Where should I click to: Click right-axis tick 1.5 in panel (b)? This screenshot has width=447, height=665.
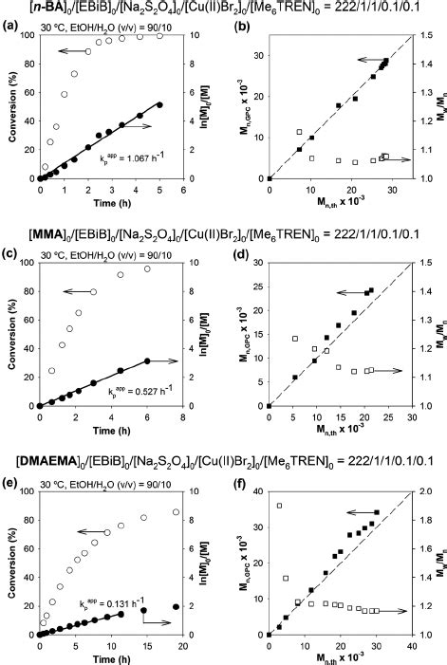point(429,35)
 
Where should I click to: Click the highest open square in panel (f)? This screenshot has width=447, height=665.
point(279,506)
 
